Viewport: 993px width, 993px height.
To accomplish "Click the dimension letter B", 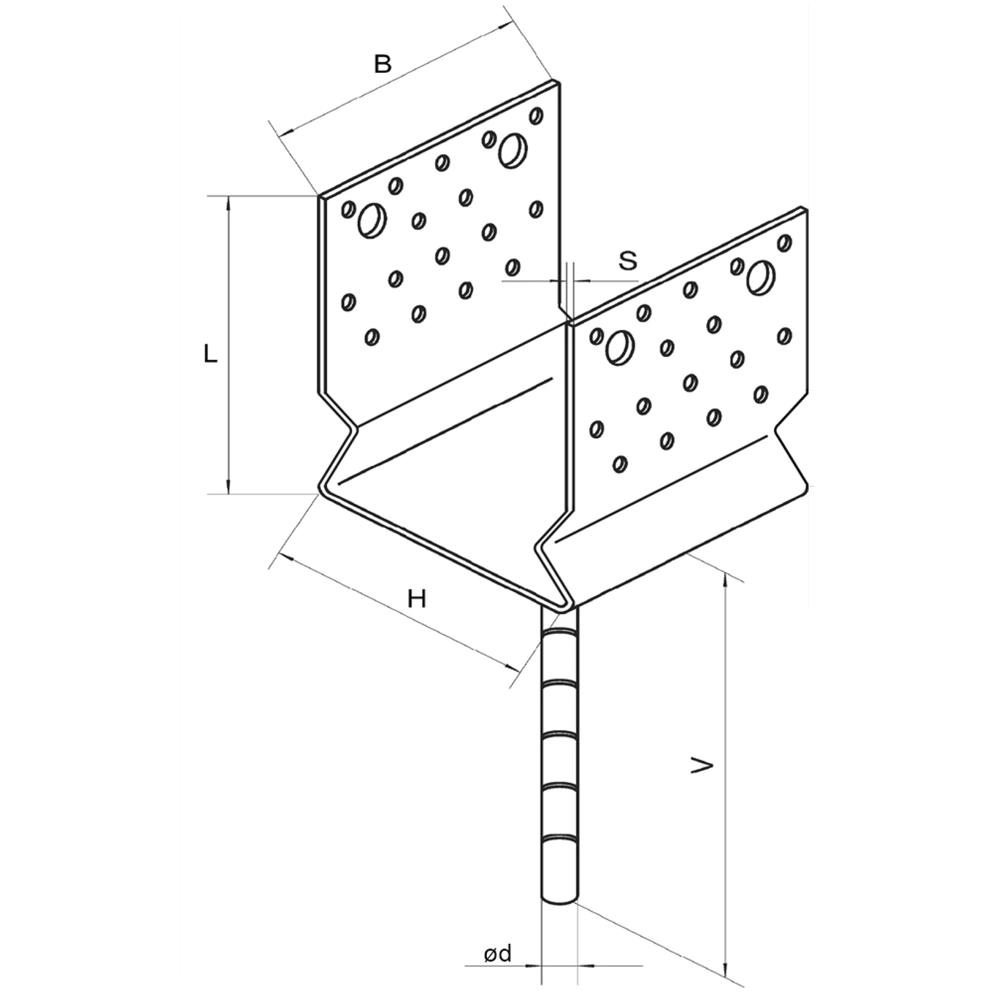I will pyautogui.click(x=383, y=64).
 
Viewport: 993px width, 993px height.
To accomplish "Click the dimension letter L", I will pyautogui.click(x=210, y=355).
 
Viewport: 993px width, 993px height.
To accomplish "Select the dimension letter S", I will pyautogui.click(x=628, y=261).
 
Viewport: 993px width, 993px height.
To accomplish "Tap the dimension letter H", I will pyautogui.click(x=416, y=599).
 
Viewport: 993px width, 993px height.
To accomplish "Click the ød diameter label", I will pyautogui.click(x=497, y=953).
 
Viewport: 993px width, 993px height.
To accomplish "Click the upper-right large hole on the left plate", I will pyautogui.click(x=513, y=149).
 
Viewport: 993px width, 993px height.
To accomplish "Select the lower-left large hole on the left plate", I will pyautogui.click(x=372, y=220).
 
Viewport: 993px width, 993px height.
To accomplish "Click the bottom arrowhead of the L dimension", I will pyautogui.click(x=229, y=486).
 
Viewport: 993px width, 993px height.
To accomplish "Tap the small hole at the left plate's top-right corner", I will pyautogui.click(x=537, y=115).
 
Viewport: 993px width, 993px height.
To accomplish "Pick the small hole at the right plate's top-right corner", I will pyautogui.click(x=785, y=242).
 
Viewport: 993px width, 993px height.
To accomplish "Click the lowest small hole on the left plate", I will pyautogui.click(x=372, y=337).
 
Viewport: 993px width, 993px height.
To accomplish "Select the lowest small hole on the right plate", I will pyautogui.click(x=621, y=463).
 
